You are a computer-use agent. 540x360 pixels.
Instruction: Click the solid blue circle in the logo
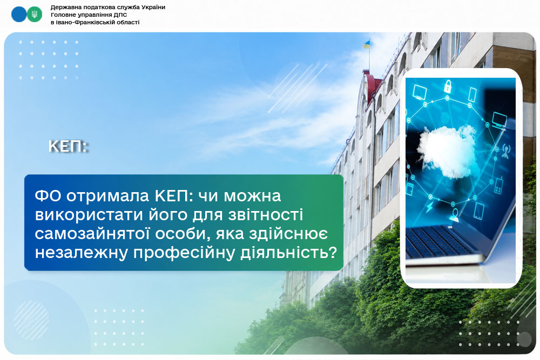[x=19, y=15]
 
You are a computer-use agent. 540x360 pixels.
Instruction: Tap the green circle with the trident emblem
[x=35, y=15]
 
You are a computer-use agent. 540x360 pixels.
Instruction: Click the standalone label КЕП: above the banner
[x=68, y=146]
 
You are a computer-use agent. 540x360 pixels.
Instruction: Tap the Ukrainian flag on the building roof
[x=366, y=44]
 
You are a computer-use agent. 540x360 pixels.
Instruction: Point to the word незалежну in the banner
[x=82, y=253]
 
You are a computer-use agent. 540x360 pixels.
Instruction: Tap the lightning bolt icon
[x=429, y=207]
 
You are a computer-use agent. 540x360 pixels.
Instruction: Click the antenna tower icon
[x=505, y=151]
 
